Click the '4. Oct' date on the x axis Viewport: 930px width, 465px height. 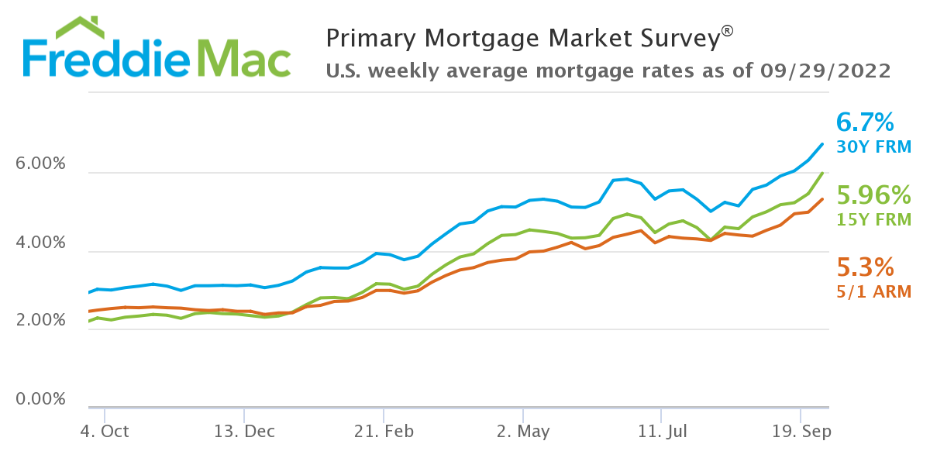[x=104, y=432]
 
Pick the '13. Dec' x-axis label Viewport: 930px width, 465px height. [x=244, y=432]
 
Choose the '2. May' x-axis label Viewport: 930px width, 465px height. [x=523, y=432]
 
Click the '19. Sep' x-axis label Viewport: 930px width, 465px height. [x=801, y=432]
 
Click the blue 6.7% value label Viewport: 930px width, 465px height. [x=866, y=122]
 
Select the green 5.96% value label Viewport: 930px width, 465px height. [x=873, y=195]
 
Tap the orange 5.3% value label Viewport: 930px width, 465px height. [x=865, y=267]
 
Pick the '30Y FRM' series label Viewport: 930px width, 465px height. [x=873, y=146]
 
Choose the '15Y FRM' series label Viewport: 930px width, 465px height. [x=873, y=219]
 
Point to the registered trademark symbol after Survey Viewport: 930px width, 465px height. [x=726, y=30]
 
